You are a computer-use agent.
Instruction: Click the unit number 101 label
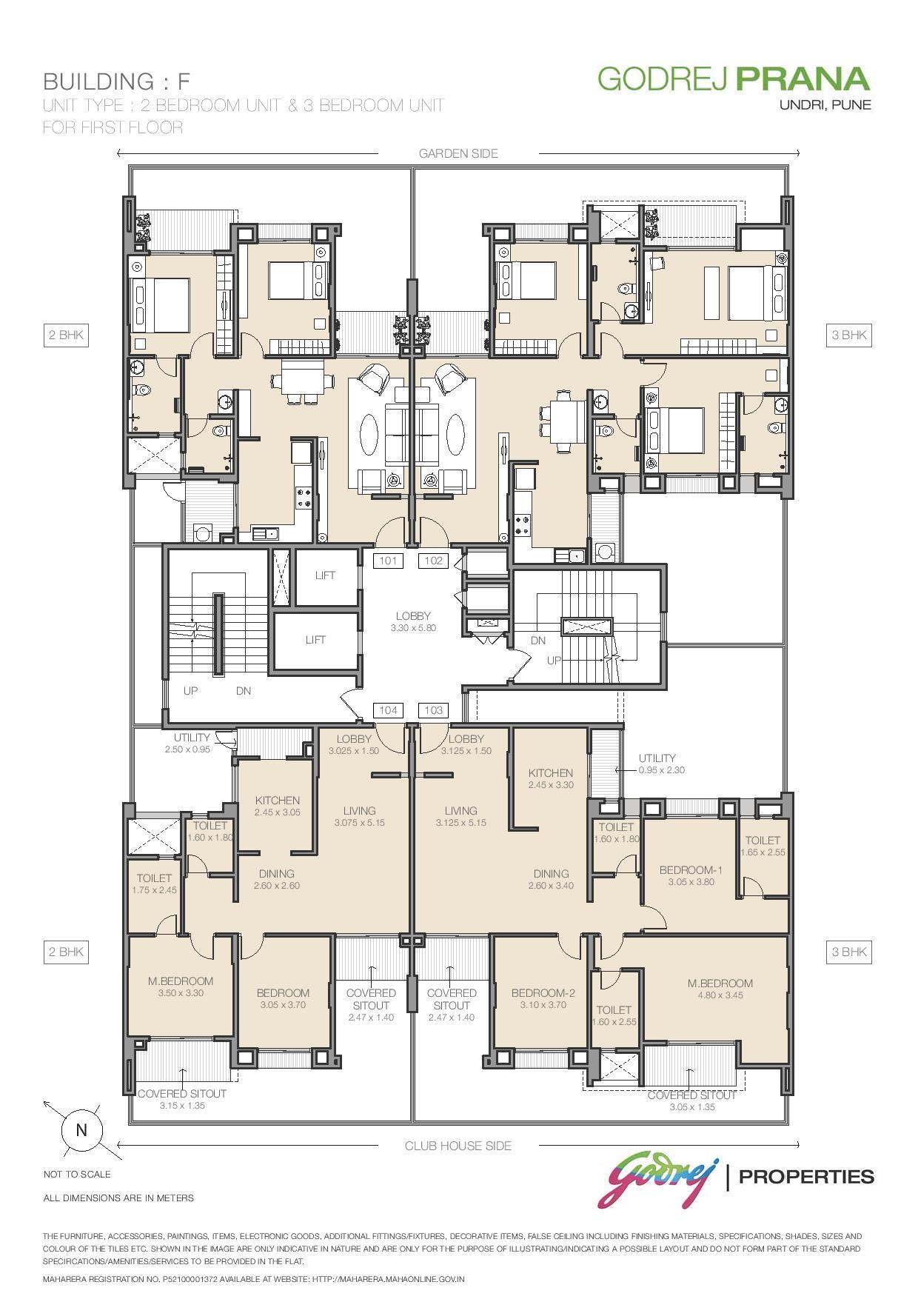click(x=388, y=561)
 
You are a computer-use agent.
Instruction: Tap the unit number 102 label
click(x=433, y=561)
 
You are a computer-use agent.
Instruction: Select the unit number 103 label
click(x=433, y=710)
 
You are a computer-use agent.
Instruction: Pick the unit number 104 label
click(x=388, y=710)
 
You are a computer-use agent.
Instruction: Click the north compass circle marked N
click(x=81, y=1130)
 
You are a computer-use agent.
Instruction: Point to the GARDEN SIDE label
click(x=458, y=153)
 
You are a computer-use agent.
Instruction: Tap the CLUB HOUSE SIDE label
click(x=458, y=1146)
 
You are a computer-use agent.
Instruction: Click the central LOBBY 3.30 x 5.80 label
click(x=413, y=621)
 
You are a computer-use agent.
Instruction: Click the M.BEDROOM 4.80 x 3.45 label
click(x=720, y=989)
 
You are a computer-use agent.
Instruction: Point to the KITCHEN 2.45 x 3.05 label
click(x=277, y=806)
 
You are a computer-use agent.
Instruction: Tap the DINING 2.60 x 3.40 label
click(x=551, y=879)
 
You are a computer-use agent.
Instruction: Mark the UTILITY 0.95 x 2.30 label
click(x=661, y=764)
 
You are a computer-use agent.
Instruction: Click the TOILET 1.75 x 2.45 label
click(x=154, y=884)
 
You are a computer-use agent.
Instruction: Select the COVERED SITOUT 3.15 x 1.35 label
click(x=182, y=1099)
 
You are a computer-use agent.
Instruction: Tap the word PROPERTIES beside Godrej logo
click(x=806, y=1176)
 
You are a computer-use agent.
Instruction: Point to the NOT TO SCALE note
click(x=77, y=1174)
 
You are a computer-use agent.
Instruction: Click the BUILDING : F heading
click(x=117, y=81)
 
